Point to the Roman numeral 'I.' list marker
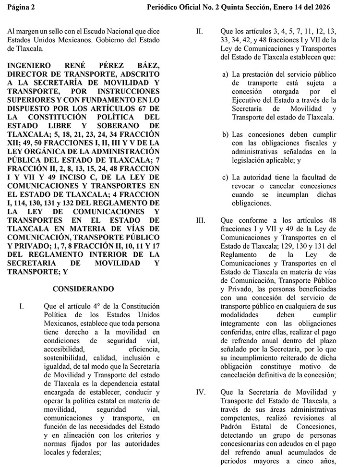click(22, 306)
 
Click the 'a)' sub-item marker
click(225, 75)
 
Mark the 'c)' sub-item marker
click(225, 178)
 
